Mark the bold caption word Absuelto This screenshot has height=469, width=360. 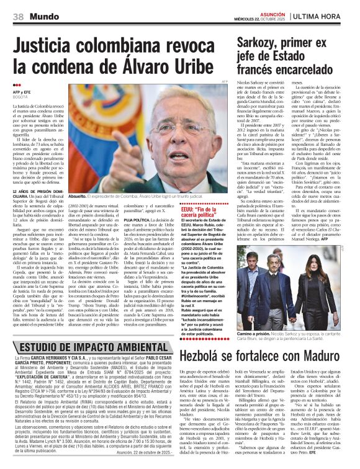[x=79, y=195]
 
